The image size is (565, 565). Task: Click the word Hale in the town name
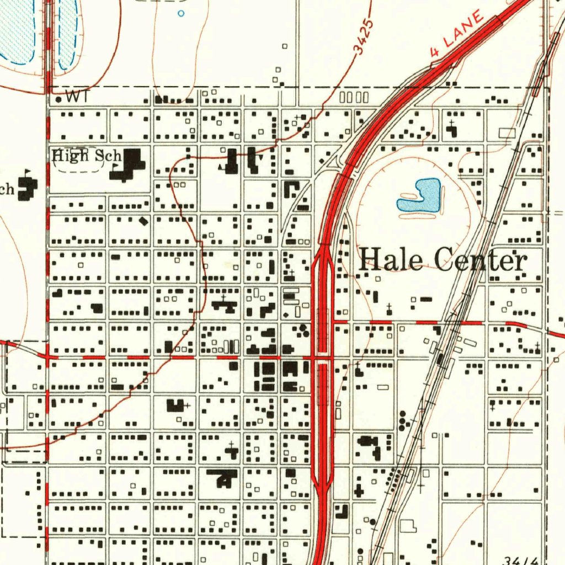[x=391, y=259]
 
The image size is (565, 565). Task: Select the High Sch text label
[x=87, y=156]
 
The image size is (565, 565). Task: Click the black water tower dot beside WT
[x=59, y=99]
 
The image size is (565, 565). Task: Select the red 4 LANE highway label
[x=457, y=34]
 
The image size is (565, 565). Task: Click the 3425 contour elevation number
[x=364, y=38]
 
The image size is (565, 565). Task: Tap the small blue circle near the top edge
[x=181, y=13]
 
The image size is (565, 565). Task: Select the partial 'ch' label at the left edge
[x=7, y=189]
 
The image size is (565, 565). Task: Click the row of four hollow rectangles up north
[x=354, y=98]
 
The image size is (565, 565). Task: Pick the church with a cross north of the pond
[x=452, y=130]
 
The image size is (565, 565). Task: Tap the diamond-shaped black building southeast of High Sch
[x=143, y=221]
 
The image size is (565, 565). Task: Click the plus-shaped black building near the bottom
[x=359, y=489]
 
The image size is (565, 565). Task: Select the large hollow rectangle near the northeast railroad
[x=507, y=133]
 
